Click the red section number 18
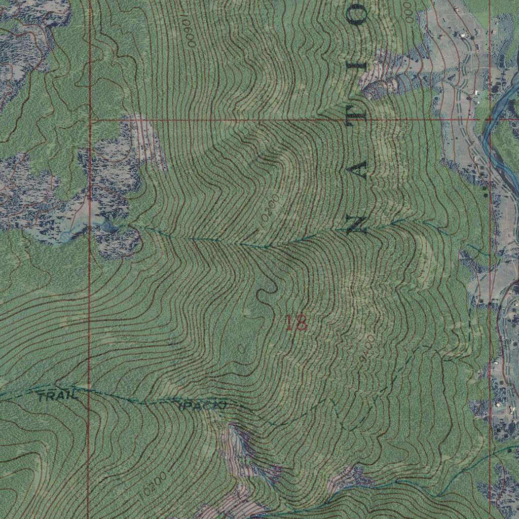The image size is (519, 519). tap(296, 323)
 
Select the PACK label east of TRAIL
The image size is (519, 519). tap(202, 405)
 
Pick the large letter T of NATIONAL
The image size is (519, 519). tap(359, 116)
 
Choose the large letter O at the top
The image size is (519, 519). tap(359, 15)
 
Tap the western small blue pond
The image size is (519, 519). tap(65, 236)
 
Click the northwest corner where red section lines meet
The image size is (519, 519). tap(89, 120)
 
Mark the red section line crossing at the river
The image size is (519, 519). tap(490, 120)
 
